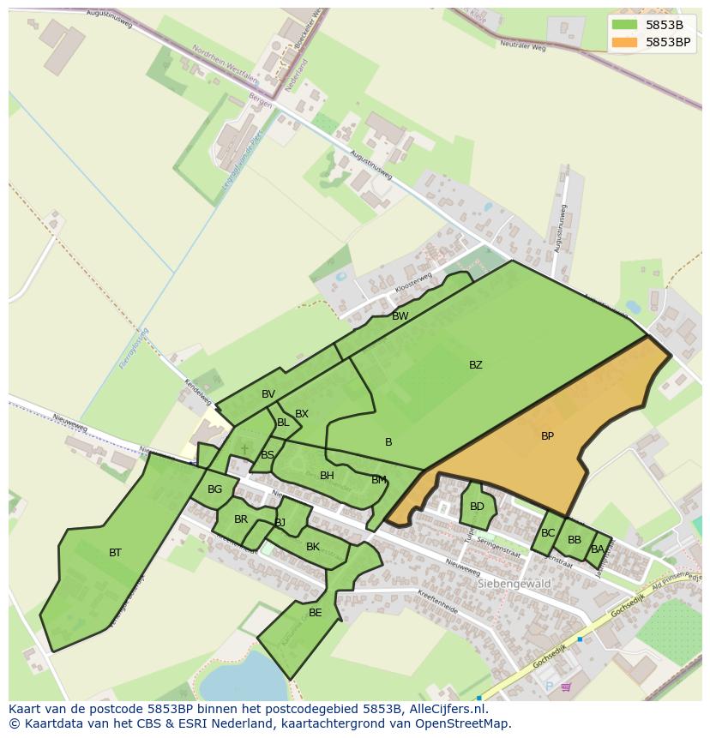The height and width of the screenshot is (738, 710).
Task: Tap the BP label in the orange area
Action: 547,436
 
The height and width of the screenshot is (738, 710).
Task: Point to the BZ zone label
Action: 475,365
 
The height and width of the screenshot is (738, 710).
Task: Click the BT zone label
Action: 115,553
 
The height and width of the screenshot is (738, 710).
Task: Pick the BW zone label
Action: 400,316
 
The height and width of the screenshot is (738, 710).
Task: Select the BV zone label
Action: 268,394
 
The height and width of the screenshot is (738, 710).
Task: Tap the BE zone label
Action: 315,613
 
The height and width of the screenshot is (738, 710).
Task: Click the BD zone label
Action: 477,507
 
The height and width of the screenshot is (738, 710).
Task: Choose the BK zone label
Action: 312,547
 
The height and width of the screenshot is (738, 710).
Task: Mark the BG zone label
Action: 214,490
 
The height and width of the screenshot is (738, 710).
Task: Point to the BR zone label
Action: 240,519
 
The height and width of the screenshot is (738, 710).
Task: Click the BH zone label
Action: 327,476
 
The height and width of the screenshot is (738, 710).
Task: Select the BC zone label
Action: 548,533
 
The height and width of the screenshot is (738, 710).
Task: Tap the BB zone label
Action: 575,540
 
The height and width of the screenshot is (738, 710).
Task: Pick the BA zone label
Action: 597,549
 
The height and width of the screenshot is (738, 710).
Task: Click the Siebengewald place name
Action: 513,584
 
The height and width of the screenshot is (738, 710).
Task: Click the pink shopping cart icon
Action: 566,687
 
